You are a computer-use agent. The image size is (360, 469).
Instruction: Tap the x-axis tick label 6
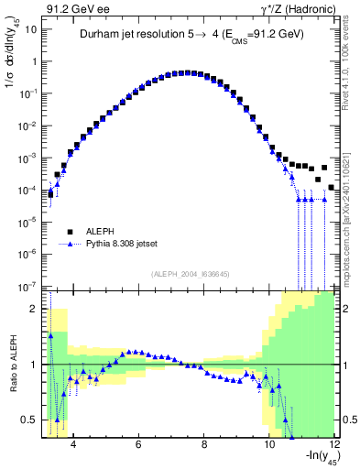tap(137, 446)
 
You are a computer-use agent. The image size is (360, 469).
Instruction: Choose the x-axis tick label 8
tap(203, 446)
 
